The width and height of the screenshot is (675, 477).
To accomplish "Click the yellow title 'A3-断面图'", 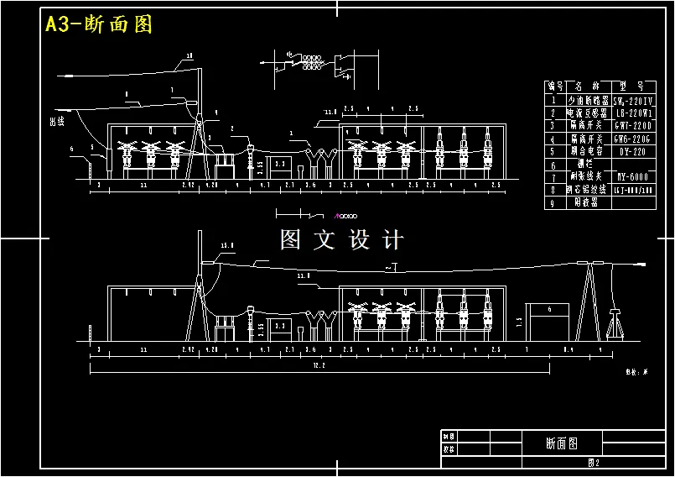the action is [98, 24].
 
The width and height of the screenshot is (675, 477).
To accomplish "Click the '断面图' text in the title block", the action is [561, 442].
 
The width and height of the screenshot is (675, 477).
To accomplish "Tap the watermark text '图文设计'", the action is [341, 240].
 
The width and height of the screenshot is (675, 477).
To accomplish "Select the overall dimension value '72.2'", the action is [319, 366].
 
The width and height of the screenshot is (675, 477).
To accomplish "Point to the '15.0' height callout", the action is [226, 246].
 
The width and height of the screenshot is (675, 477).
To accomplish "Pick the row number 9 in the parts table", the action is [553, 203].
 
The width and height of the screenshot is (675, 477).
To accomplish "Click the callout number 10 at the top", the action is [189, 56].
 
